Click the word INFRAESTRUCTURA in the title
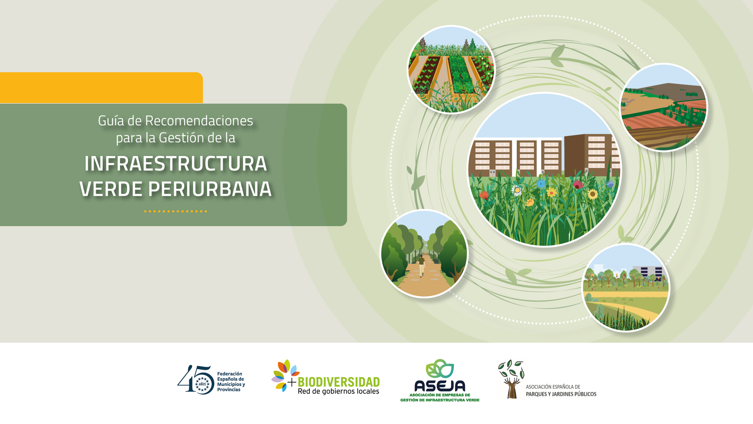[x=176, y=164]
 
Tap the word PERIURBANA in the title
[x=210, y=189]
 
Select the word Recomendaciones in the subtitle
[x=199, y=121]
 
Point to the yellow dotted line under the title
[x=176, y=211]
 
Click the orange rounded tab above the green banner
[x=101, y=88]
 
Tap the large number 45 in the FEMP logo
[x=195, y=380]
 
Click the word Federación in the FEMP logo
[x=229, y=374]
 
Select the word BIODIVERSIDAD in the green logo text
[x=339, y=382]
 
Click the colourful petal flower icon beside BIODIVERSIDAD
[x=284, y=375]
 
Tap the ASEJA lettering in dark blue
[x=440, y=386]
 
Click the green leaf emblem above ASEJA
[x=440, y=368]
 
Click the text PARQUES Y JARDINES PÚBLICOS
[x=561, y=394]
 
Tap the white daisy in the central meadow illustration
[x=517, y=190]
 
